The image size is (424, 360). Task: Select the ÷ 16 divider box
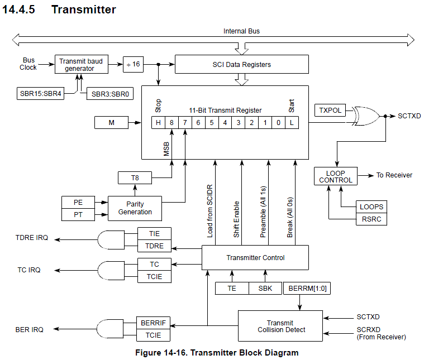[132, 64]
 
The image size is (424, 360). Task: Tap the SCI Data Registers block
[241, 64]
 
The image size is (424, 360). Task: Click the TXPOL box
[330, 111]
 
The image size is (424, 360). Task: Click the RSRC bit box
[371, 219]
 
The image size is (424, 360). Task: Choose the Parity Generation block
[135, 208]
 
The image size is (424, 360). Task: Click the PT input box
[78, 214]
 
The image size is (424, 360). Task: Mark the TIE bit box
[154, 233]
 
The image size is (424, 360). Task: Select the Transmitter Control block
[255, 257]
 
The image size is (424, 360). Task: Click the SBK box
[265, 289]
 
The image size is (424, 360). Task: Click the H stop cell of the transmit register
[158, 122]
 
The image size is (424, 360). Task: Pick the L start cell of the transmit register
[291, 122]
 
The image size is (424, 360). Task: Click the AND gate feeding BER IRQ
[109, 329]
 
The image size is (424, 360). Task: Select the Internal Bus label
[241, 31]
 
